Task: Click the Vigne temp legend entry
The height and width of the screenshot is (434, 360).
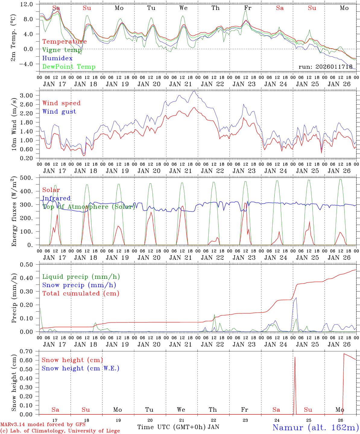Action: [62, 50]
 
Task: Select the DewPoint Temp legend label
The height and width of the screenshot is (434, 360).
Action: [69, 67]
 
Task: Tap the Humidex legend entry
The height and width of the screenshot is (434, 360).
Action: [57, 58]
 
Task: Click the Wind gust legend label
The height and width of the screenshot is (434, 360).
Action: [59, 112]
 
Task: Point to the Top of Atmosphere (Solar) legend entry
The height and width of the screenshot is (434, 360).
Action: [89, 207]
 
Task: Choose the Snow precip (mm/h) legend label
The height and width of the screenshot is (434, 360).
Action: [79, 285]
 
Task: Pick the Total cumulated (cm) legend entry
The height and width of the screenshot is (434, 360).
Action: [81, 294]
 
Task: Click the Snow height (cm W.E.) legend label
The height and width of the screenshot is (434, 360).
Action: [80, 368]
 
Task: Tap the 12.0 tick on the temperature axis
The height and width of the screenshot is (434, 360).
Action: [30, 4]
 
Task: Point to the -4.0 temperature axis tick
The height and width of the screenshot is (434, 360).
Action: [30, 64]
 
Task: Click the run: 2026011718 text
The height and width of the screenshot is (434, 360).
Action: [325, 67]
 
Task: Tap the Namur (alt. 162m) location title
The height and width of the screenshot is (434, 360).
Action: [315, 427]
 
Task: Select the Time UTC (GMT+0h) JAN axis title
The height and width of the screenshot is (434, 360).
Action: [178, 427]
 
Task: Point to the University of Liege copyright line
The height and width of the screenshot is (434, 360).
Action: [60, 431]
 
